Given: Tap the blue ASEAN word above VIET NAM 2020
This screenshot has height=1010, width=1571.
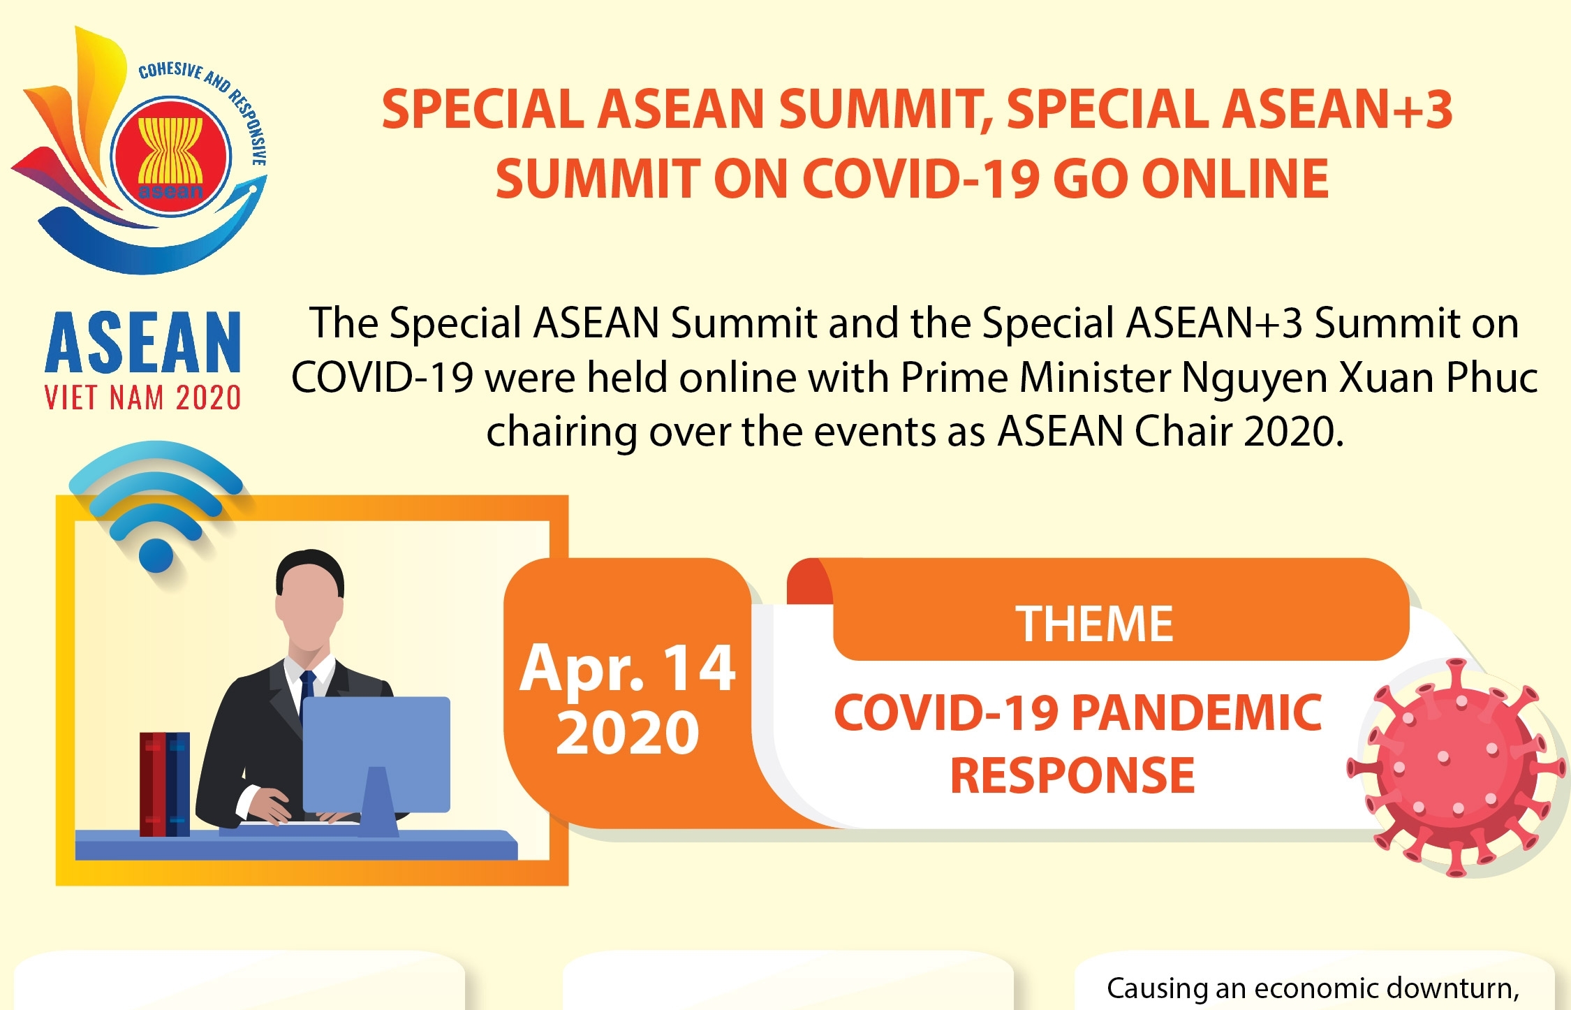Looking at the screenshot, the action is (143, 342).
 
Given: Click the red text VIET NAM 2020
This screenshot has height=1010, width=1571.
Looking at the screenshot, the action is (143, 398).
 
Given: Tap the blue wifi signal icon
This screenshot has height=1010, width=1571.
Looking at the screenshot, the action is (156, 506).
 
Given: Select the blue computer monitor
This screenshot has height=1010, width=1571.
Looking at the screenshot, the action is (376, 755).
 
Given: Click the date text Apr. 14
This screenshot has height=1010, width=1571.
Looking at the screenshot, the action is (627, 668).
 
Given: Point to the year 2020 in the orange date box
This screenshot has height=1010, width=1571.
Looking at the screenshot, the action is (627, 732).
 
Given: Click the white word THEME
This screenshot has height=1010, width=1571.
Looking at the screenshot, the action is (1094, 624).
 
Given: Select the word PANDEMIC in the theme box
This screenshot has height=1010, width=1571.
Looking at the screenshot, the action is (1196, 712).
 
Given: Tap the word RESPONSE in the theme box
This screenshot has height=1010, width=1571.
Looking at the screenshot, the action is (1072, 775).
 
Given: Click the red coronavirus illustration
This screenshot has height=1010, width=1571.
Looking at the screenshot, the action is (1455, 767).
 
